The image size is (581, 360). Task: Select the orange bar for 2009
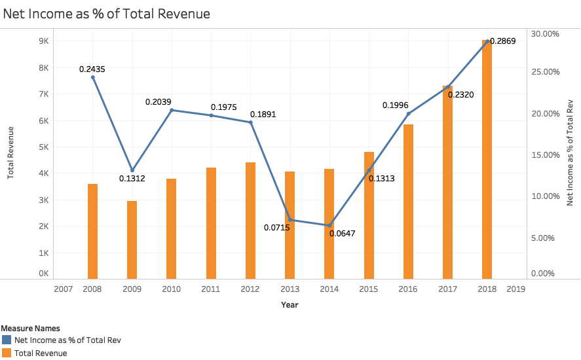pyautogui.click(x=132, y=240)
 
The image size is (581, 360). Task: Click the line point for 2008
pyautogui.click(x=92, y=77)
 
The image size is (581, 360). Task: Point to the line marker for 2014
pyautogui.click(x=329, y=225)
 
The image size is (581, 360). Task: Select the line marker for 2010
pyautogui.click(x=172, y=110)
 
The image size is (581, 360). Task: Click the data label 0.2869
pyautogui.click(x=503, y=41)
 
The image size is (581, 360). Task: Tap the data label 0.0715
pyautogui.click(x=277, y=227)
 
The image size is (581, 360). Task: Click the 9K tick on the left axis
pyautogui.click(x=43, y=41)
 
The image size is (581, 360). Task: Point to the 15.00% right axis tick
pyautogui.click(x=544, y=155)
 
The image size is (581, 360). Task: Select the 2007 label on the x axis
pyautogui.click(x=63, y=289)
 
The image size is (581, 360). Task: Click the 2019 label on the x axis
pyautogui.click(x=515, y=289)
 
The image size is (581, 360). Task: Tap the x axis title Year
pyautogui.click(x=290, y=305)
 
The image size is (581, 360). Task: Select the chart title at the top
pyautogui.click(x=107, y=13)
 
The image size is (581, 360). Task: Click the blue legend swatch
pyautogui.click(x=7, y=340)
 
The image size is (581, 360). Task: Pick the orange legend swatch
pyautogui.click(x=7, y=353)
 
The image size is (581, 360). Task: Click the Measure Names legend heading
pyautogui.click(x=30, y=328)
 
